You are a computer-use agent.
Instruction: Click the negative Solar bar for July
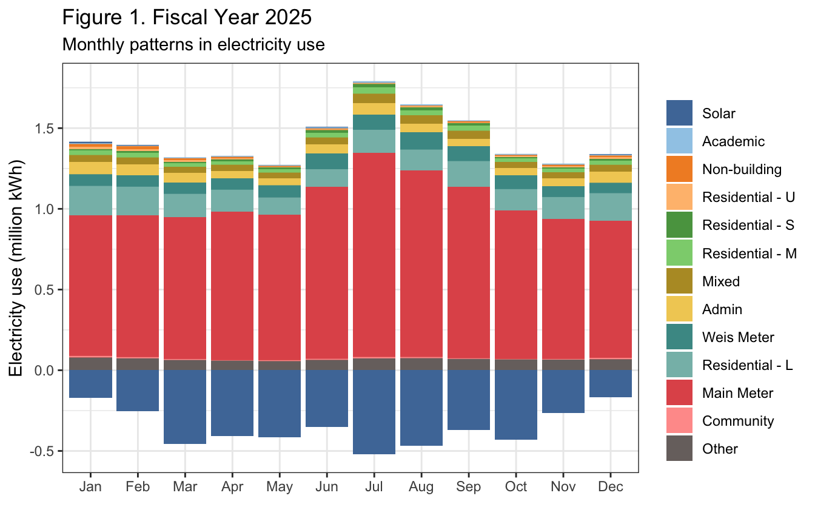(374, 412)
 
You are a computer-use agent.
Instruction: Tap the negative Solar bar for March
(185, 407)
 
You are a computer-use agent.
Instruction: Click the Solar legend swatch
(679, 113)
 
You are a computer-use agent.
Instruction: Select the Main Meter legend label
(737, 393)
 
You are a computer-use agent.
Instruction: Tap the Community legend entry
(737, 421)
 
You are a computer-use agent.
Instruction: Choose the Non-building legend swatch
(679, 169)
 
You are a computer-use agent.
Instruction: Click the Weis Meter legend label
(738, 337)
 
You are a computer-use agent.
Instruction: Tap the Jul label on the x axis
(374, 487)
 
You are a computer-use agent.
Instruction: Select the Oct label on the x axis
(516, 487)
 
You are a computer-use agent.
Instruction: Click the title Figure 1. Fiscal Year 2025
(187, 18)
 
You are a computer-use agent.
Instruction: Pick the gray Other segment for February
(138, 364)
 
